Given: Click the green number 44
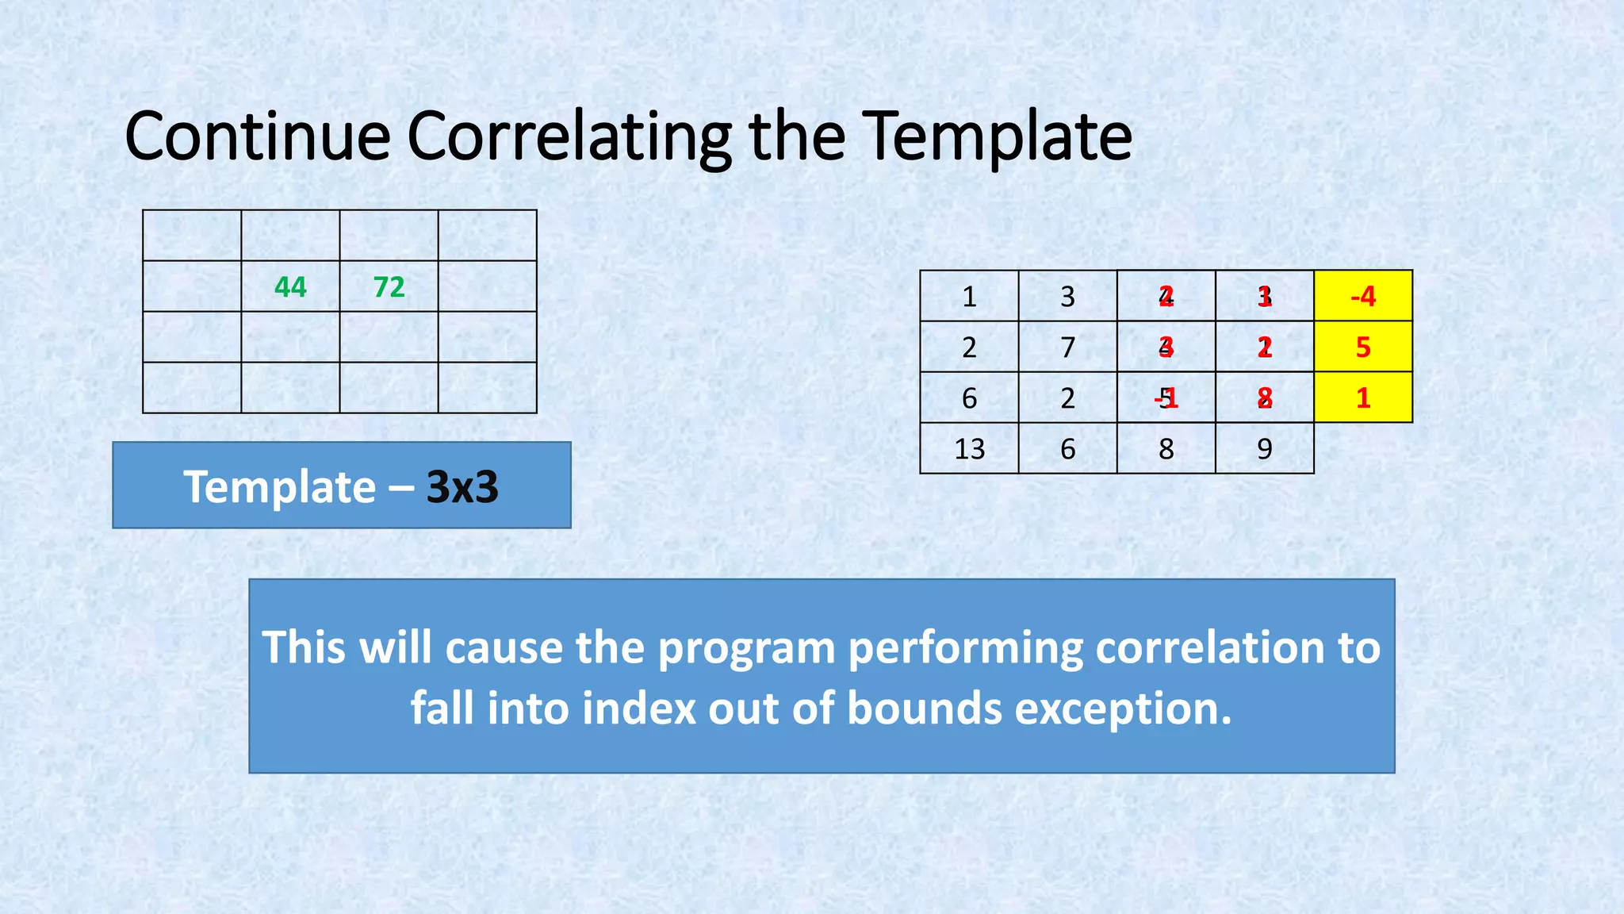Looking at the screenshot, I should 290,286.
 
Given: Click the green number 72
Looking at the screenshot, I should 389,286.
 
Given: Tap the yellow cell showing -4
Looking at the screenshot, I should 1363,296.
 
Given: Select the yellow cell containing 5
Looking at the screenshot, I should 1363,347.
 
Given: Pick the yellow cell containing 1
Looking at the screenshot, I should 1363,397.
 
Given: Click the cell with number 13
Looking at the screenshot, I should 969,449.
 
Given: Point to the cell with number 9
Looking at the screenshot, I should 1264,449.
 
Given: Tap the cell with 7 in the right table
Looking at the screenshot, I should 1067,347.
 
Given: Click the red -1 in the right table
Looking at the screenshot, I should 1167,397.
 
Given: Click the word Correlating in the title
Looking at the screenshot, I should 569,136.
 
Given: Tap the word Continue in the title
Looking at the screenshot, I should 258,136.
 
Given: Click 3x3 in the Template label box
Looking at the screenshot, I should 462,486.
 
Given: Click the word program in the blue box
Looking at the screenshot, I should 746,647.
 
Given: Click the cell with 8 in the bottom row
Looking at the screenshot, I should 1166,449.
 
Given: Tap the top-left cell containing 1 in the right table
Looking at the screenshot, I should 969,296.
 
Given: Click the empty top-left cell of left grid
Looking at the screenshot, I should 192,236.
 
